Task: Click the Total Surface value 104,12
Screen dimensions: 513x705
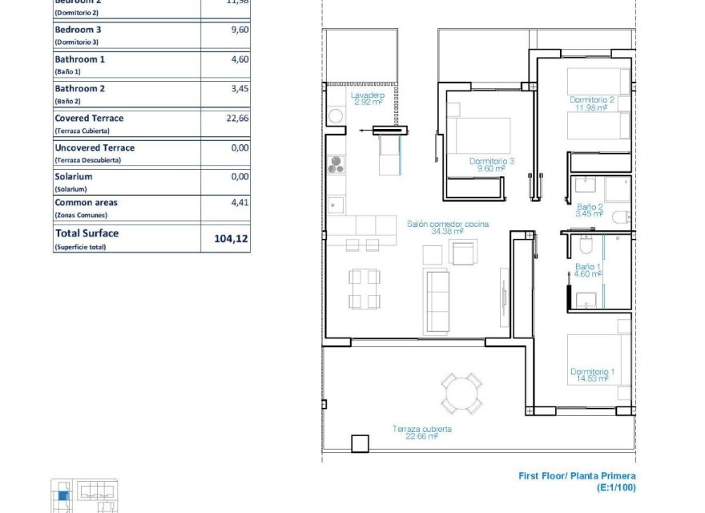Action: click(x=228, y=239)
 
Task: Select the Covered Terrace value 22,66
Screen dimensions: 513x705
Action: click(x=238, y=118)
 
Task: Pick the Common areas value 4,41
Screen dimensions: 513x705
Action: click(x=240, y=203)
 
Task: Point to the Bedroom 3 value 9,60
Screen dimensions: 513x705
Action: click(x=240, y=30)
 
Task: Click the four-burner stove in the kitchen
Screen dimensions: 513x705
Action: click(x=336, y=164)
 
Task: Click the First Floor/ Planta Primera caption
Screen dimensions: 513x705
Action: click(x=577, y=476)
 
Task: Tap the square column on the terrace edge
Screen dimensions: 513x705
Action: click(x=360, y=443)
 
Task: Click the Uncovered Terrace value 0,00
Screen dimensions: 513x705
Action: click(x=240, y=147)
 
